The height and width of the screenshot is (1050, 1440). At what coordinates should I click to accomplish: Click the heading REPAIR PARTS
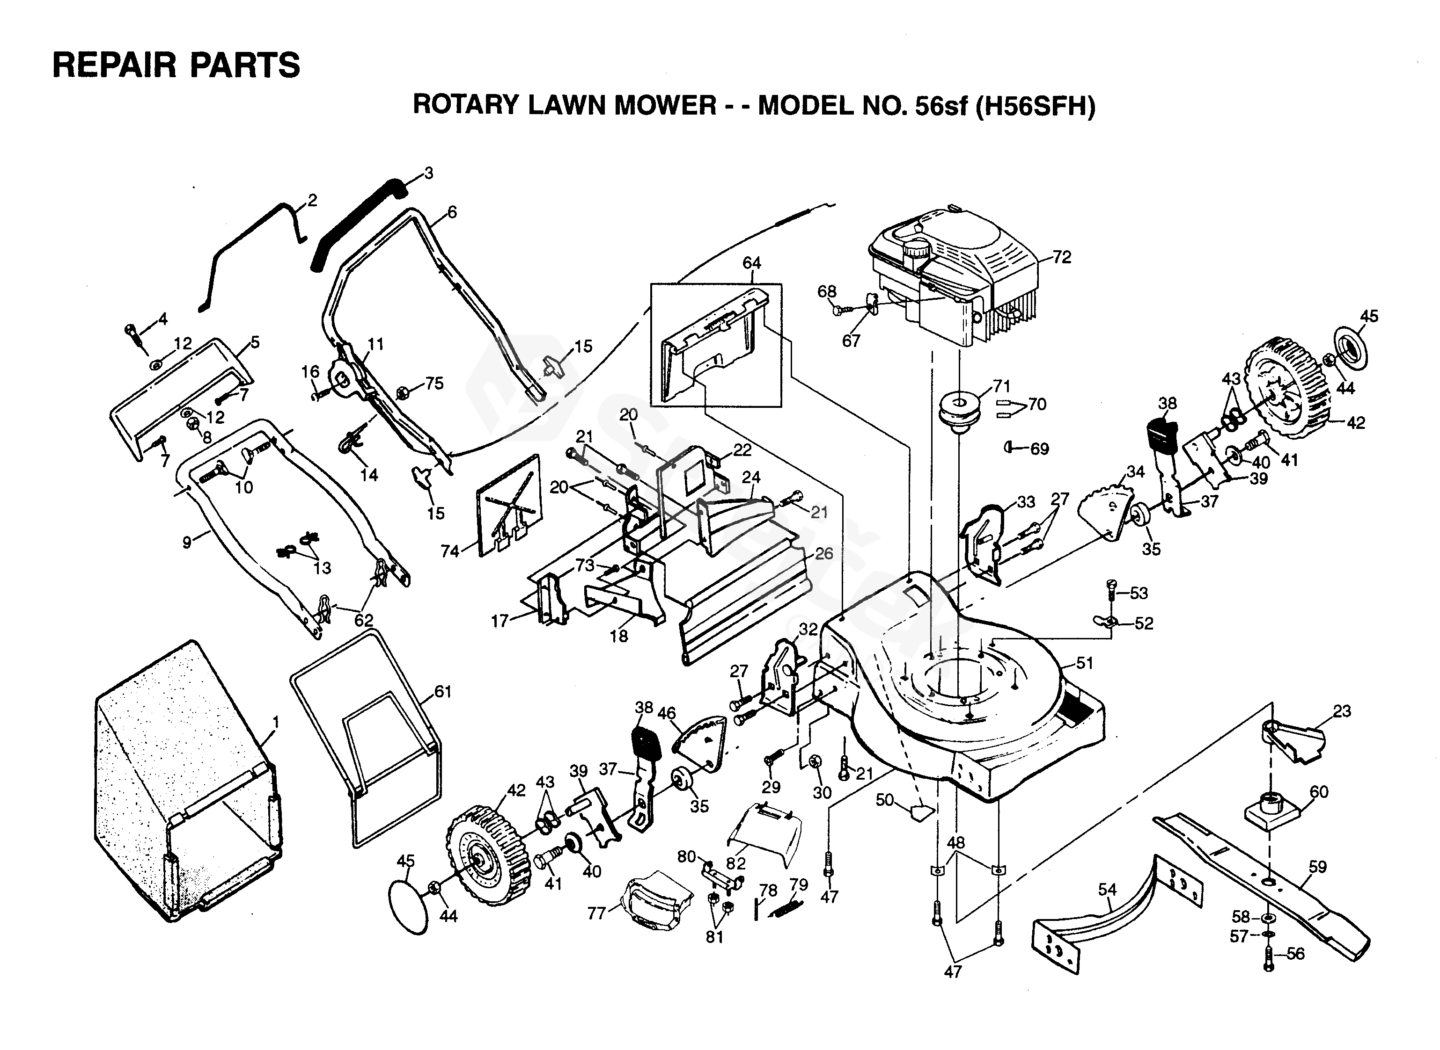tap(176, 65)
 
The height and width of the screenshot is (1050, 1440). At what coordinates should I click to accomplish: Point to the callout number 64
tap(751, 262)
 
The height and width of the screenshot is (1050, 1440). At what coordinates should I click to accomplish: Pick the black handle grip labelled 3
tap(356, 223)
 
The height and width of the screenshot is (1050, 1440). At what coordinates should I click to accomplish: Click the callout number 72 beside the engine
tap(1062, 257)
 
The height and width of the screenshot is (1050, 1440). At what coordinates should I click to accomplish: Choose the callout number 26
tap(823, 553)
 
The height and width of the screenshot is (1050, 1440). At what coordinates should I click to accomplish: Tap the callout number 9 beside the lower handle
tap(186, 542)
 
